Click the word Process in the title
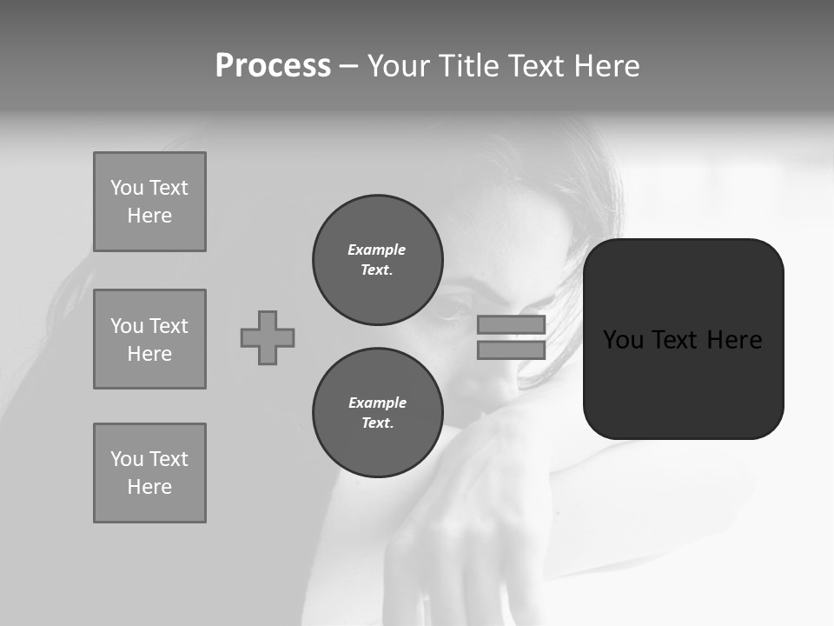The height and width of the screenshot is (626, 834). [273, 66]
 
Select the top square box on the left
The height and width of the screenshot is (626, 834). [149, 202]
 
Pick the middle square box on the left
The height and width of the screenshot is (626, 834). [149, 339]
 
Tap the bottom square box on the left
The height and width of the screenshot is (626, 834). [149, 473]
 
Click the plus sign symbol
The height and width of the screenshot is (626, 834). [268, 337]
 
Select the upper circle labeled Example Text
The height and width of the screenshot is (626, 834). [378, 260]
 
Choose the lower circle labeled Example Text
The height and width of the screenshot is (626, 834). [378, 413]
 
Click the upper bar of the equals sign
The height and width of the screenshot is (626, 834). [511, 325]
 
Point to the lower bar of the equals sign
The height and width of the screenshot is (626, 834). [511, 350]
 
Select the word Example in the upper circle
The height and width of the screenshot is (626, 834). [377, 250]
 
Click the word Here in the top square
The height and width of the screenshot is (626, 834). [149, 216]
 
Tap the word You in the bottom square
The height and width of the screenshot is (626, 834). [127, 459]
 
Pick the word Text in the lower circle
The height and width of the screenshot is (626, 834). [376, 423]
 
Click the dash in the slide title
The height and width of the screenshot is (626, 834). [349, 66]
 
